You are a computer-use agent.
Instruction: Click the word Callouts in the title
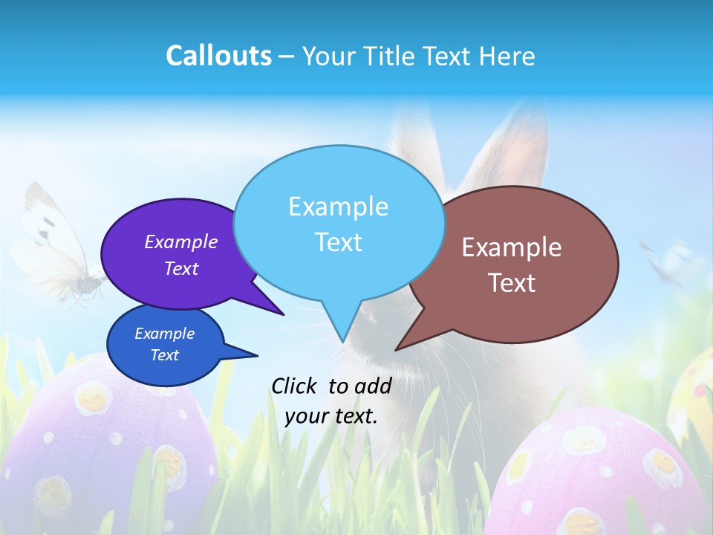[x=218, y=56]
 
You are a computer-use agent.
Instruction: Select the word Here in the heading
[x=507, y=56]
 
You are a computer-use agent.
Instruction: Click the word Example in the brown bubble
[x=512, y=247]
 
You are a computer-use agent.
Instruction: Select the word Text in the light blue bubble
[x=339, y=241]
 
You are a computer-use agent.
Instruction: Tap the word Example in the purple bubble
[x=181, y=241]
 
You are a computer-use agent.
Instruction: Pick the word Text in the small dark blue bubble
[x=165, y=355]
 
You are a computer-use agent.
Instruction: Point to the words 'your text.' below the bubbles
[x=331, y=416]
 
